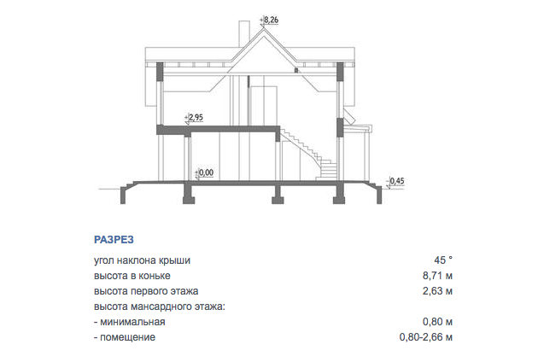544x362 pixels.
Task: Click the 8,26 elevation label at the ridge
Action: click(271, 20)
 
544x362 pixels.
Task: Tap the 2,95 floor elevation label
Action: click(196, 117)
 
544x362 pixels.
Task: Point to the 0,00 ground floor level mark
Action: click(206, 172)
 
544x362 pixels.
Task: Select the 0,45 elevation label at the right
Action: click(397, 181)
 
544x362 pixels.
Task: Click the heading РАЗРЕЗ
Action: click(114, 240)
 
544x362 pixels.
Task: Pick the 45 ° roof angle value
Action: click(443, 260)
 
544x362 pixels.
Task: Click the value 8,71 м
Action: click(437, 276)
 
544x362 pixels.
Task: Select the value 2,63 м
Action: click(437, 291)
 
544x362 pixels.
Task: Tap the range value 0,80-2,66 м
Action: click(426, 337)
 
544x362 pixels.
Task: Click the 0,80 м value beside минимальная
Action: click(437, 322)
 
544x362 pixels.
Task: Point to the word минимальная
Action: click(132, 322)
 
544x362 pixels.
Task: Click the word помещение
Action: click(128, 337)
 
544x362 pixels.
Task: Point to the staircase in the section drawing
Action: click(308, 154)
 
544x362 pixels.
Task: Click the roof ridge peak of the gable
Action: click(263, 29)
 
